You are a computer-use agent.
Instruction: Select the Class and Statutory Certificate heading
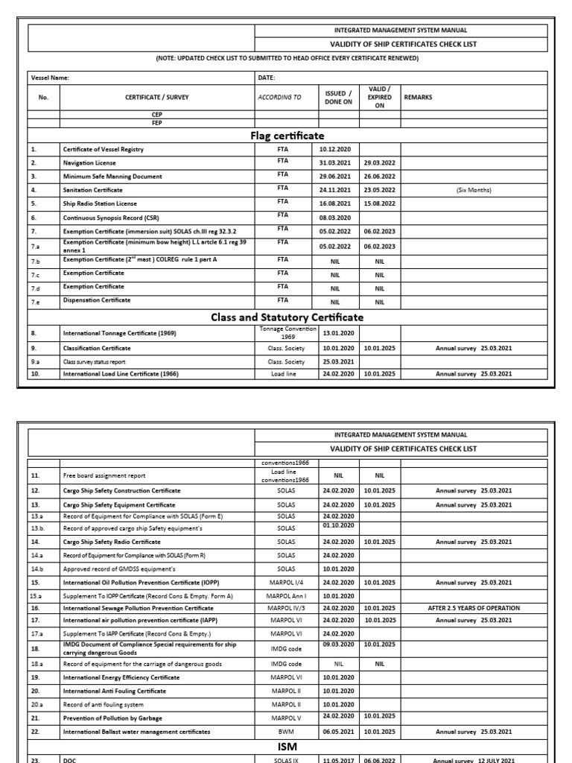287,317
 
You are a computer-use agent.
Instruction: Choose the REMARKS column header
418,97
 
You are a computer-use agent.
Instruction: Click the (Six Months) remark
474,190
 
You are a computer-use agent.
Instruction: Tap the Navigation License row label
89,163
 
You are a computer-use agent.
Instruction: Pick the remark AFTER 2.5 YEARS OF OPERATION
474,608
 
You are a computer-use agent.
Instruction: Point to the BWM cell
286,732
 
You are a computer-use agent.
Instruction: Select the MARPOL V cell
286,718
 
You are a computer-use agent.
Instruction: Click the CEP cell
157,114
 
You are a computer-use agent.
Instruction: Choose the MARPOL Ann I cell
286,596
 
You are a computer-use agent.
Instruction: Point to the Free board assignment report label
104,475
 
